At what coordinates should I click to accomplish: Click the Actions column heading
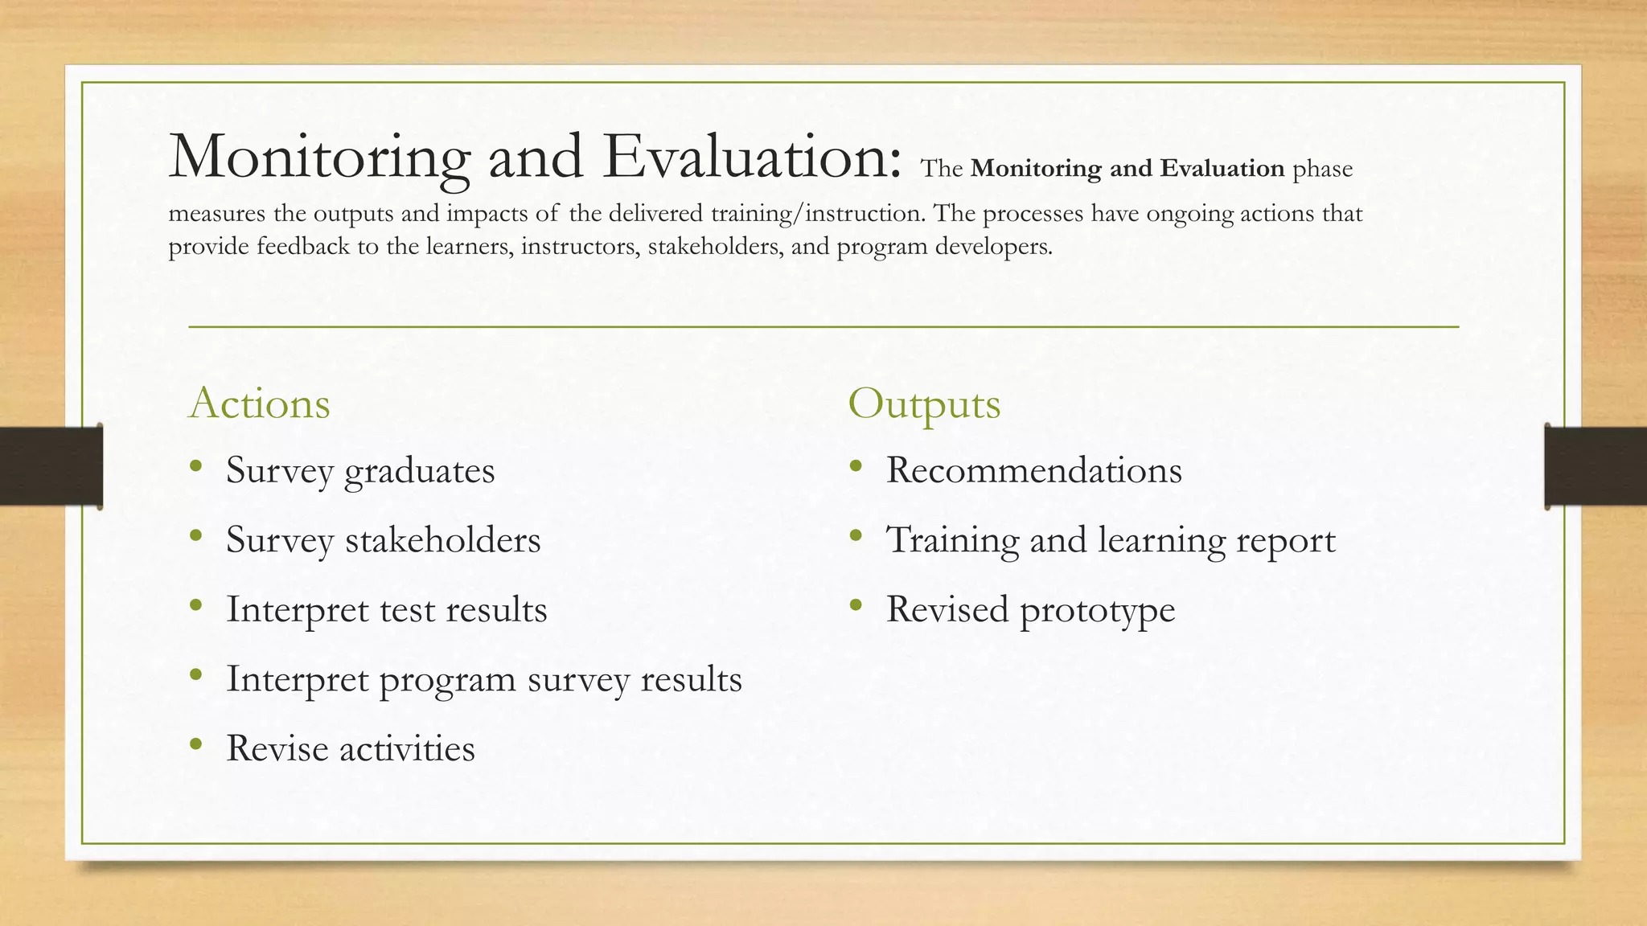[x=259, y=404]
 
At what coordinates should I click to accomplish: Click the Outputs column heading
[x=924, y=404]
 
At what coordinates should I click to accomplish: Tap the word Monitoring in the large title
[x=319, y=157]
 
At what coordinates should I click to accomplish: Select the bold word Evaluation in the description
[x=1222, y=169]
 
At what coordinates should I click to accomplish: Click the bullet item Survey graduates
[x=359, y=471]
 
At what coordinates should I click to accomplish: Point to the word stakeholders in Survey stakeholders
[x=442, y=540]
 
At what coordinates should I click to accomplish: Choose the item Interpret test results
[x=386, y=610]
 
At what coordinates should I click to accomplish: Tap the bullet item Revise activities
[x=350, y=749]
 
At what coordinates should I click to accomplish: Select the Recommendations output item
[x=1033, y=471]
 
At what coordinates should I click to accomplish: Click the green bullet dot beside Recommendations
[x=855, y=466]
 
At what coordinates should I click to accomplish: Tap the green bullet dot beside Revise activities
[x=195, y=744]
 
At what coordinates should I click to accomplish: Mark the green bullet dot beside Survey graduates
[x=195, y=466]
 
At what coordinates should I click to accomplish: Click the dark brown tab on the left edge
[x=51, y=466]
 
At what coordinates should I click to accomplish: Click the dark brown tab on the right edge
[x=1596, y=466]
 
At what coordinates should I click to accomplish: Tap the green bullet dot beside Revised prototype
[x=855, y=605]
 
